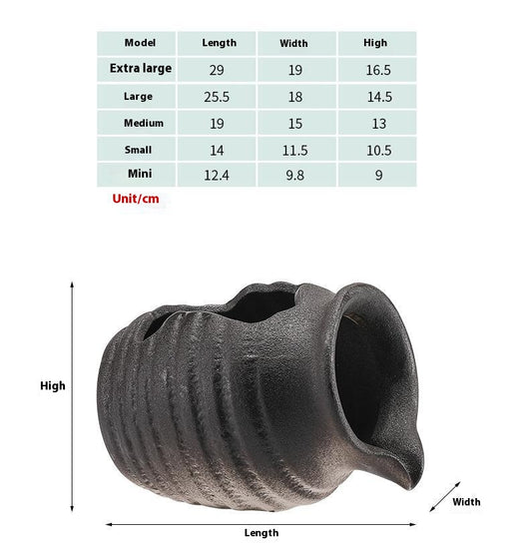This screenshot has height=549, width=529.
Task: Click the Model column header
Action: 140,43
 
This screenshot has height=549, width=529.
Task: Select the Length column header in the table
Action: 220,43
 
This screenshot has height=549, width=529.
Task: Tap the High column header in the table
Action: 375,43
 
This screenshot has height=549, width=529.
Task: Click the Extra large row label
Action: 141,68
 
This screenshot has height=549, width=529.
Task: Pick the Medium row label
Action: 144,123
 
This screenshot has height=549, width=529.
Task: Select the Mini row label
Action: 140,174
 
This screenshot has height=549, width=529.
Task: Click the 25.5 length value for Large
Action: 217,97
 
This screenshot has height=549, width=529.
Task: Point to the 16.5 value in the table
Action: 378,70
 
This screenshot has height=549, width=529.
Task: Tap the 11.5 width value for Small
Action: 295,151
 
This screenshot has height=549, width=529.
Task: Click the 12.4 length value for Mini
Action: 217,175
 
